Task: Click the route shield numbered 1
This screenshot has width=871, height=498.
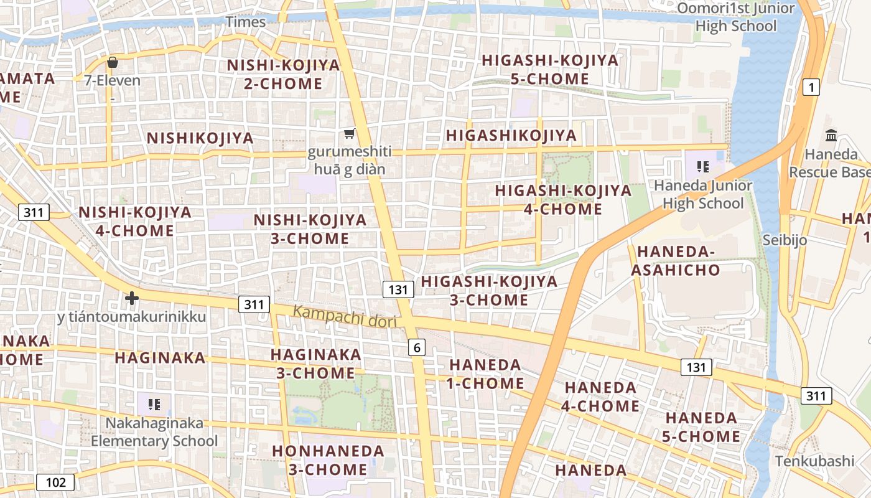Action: [811, 87]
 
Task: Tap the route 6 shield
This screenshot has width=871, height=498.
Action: [417, 347]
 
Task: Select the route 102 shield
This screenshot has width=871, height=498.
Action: [55, 482]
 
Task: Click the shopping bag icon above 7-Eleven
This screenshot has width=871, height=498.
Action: [113, 62]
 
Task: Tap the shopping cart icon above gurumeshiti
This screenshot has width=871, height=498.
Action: [349, 134]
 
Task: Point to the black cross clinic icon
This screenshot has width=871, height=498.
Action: [131, 298]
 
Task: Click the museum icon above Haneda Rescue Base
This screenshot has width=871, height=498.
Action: [831, 135]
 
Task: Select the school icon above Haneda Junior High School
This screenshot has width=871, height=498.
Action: [703, 166]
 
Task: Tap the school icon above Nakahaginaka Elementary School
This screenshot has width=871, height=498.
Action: [154, 405]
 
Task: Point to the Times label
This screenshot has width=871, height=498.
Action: [246, 22]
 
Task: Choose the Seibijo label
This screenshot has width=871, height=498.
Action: [785, 240]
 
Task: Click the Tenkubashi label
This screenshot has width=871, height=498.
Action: [814, 461]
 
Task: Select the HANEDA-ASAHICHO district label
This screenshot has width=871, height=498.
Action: [676, 261]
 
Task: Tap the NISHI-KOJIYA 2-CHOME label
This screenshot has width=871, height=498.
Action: [283, 74]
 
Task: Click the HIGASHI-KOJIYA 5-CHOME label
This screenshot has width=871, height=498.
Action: [550, 69]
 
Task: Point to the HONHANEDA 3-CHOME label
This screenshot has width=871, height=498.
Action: [328, 459]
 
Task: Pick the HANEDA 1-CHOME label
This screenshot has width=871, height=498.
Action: [485, 374]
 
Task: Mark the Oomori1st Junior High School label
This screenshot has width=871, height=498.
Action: [736, 17]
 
